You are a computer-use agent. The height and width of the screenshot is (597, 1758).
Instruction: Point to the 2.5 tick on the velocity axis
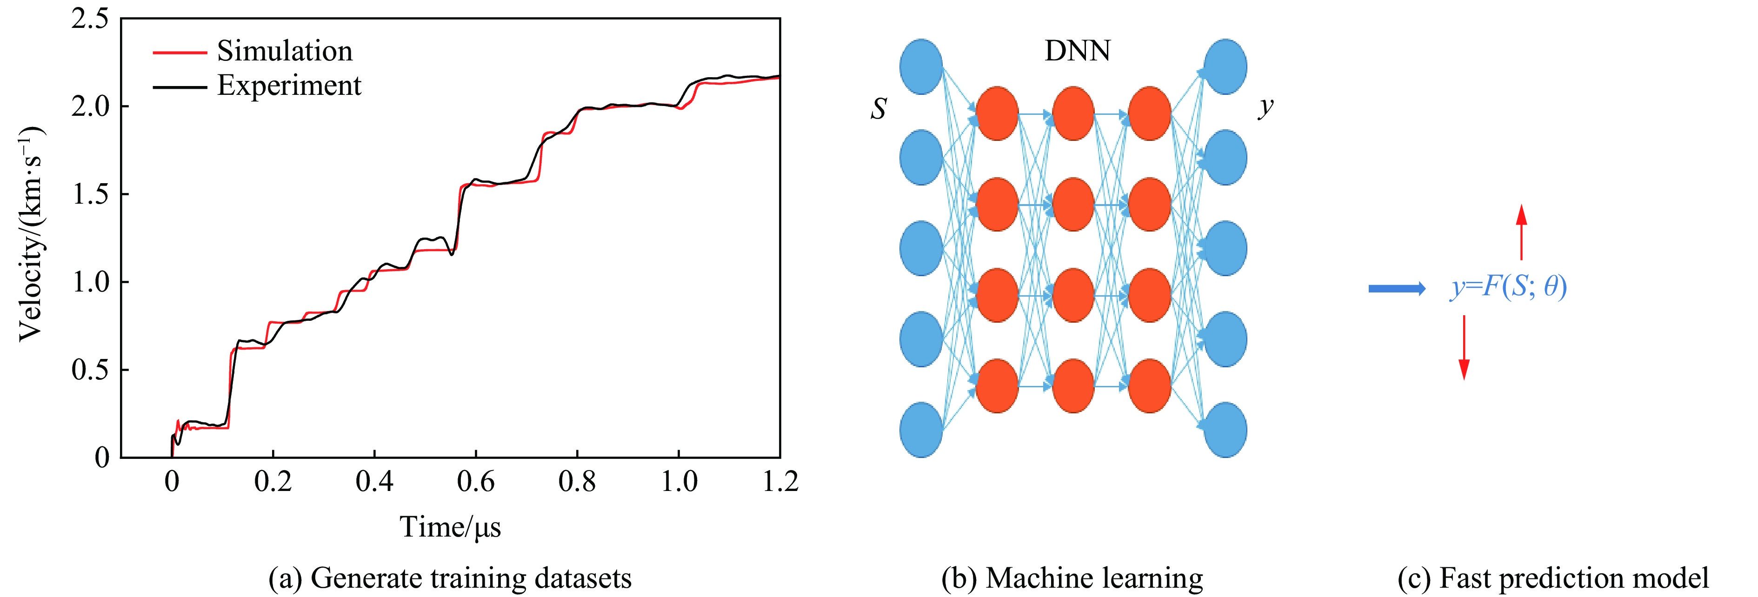click(90, 19)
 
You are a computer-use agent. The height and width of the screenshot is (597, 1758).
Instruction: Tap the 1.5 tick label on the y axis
click(90, 194)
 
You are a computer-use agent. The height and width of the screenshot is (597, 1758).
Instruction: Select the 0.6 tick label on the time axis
click(476, 482)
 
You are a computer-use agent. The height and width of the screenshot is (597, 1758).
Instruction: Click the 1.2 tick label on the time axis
click(780, 482)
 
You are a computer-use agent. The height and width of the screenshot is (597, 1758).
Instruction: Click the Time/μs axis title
click(450, 527)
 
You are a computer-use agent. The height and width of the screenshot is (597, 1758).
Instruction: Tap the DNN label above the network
click(1077, 51)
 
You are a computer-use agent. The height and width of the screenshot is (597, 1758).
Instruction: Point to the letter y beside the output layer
click(1265, 107)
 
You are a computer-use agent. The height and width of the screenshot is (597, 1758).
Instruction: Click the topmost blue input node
click(921, 66)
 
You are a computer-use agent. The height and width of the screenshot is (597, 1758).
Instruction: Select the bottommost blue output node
click(1225, 429)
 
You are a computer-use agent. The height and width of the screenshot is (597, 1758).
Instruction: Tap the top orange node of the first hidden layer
click(997, 113)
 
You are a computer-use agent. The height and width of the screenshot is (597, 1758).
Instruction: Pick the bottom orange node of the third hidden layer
click(1149, 385)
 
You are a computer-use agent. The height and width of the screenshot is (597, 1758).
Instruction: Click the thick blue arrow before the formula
click(1396, 289)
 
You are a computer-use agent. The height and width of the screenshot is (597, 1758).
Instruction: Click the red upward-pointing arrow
click(1521, 232)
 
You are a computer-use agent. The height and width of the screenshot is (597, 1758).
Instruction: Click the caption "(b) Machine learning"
click(1072, 578)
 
